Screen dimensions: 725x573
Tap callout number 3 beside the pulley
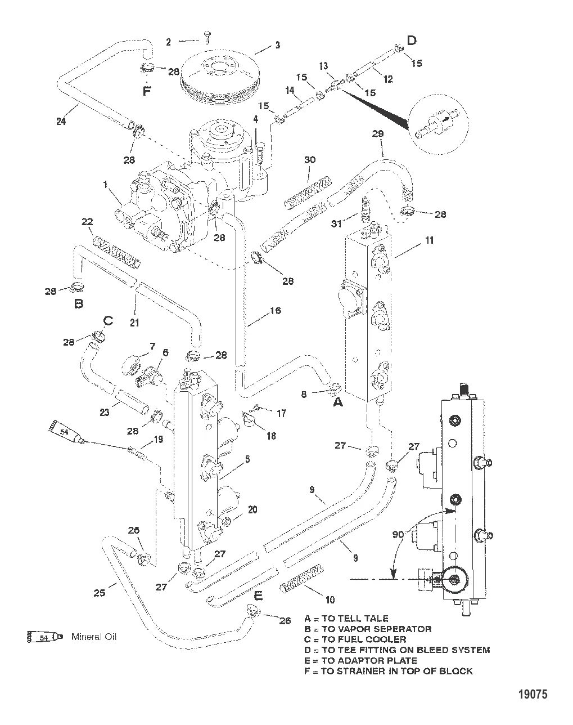point(277,45)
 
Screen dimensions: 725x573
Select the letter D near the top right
point(412,40)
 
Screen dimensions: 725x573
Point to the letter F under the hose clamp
point(147,91)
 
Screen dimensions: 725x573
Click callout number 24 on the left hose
point(61,120)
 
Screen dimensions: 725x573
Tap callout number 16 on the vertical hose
point(275,311)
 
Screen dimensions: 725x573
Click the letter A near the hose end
point(337,403)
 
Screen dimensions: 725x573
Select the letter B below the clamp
point(79,303)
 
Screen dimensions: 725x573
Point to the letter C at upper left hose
point(107,321)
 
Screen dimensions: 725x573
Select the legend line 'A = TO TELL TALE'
point(346,618)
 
